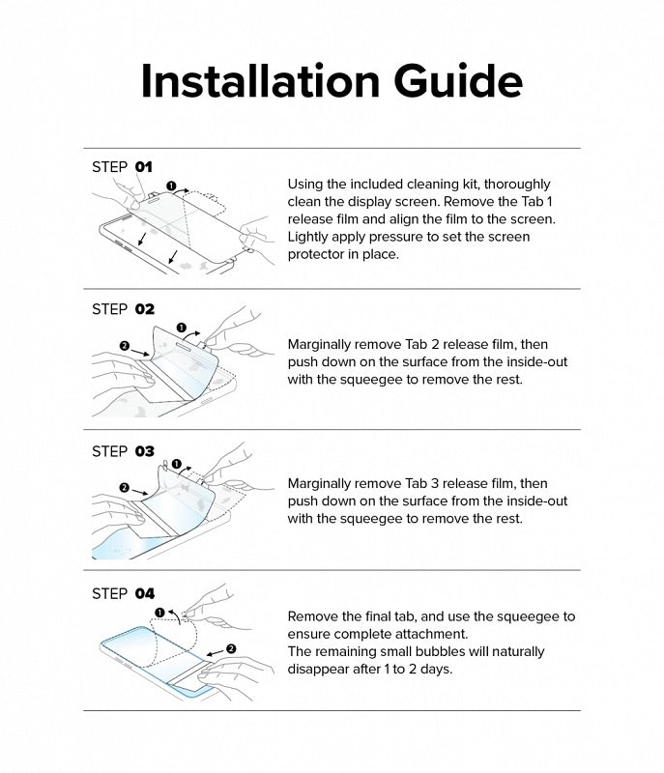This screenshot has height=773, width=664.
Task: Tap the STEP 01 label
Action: click(122, 167)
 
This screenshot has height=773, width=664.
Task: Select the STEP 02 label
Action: click(123, 309)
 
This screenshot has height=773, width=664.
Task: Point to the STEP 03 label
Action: click(123, 451)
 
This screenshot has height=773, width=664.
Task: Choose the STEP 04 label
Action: click(123, 593)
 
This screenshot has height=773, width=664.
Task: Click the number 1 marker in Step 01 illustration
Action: click(171, 185)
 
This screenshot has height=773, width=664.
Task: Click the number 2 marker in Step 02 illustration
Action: click(124, 346)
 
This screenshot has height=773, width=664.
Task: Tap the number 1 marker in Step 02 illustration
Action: click(182, 329)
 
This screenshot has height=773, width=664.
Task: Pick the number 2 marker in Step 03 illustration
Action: click(124, 488)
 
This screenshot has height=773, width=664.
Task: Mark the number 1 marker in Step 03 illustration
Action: click(176, 465)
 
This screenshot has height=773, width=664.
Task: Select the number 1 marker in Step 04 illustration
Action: click(159, 612)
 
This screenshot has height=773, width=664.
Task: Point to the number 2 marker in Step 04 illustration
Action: click(231, 648)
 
